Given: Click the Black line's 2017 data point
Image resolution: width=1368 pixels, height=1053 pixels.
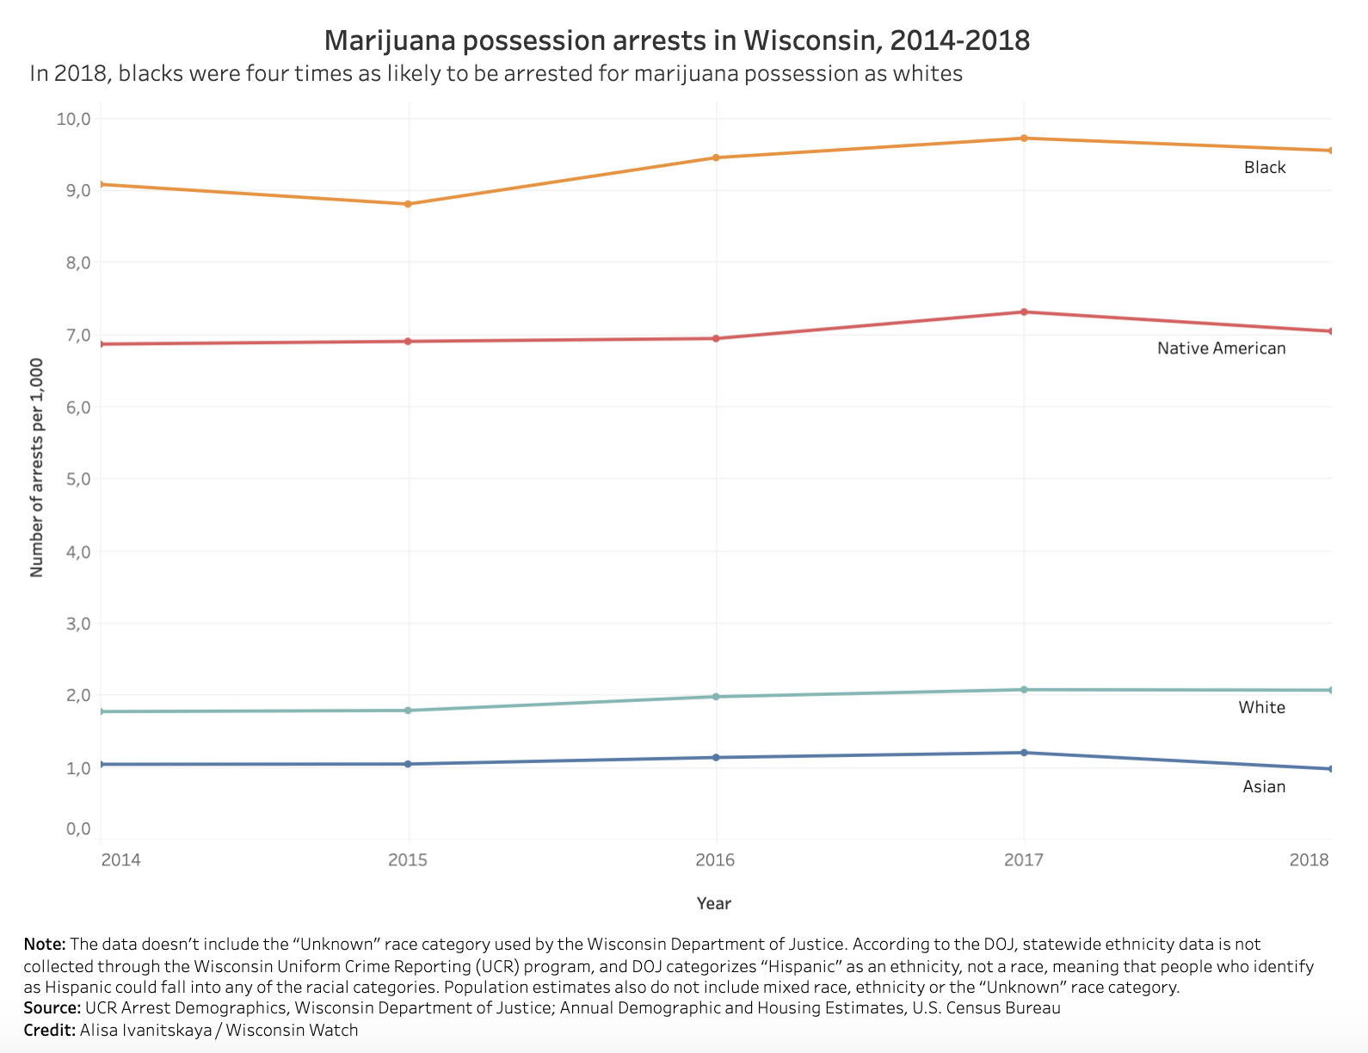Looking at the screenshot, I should (x=1024, y=139).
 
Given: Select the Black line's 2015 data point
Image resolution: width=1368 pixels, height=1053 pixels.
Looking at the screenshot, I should (x=409, y=204).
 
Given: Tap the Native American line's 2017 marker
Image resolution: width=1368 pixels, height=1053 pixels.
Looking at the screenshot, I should (x=1024, y=312).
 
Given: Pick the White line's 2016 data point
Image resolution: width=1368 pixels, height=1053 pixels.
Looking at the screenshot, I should (x=716, y=697).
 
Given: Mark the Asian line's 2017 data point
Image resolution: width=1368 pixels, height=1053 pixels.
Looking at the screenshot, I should (x=1024, y=753).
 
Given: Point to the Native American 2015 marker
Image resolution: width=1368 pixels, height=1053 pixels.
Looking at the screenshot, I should (x=409, y=342).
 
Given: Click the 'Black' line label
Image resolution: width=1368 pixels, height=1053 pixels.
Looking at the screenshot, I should (x=1265, y=168).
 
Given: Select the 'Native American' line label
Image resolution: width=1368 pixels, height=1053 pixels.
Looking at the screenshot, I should (x=1221, y=348).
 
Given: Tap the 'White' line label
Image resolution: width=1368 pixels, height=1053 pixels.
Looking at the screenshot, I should (x=1261, y=708).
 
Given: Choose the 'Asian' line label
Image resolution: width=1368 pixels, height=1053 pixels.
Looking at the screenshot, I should (x=1264, y=787).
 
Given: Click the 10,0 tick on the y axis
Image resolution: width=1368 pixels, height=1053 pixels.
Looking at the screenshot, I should (x=73, y=119).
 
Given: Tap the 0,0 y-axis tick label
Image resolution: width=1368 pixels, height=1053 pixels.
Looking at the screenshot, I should (x=77, y=829).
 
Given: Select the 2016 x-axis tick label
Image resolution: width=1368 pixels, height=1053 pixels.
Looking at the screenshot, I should (x=715, y=860).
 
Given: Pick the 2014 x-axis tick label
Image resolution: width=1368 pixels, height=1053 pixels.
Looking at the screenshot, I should (x=120, y=860).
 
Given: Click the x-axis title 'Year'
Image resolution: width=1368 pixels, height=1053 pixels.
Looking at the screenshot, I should (x=714, y=903).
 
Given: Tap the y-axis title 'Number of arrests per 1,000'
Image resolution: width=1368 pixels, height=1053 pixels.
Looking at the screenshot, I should (x=36, y=468).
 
